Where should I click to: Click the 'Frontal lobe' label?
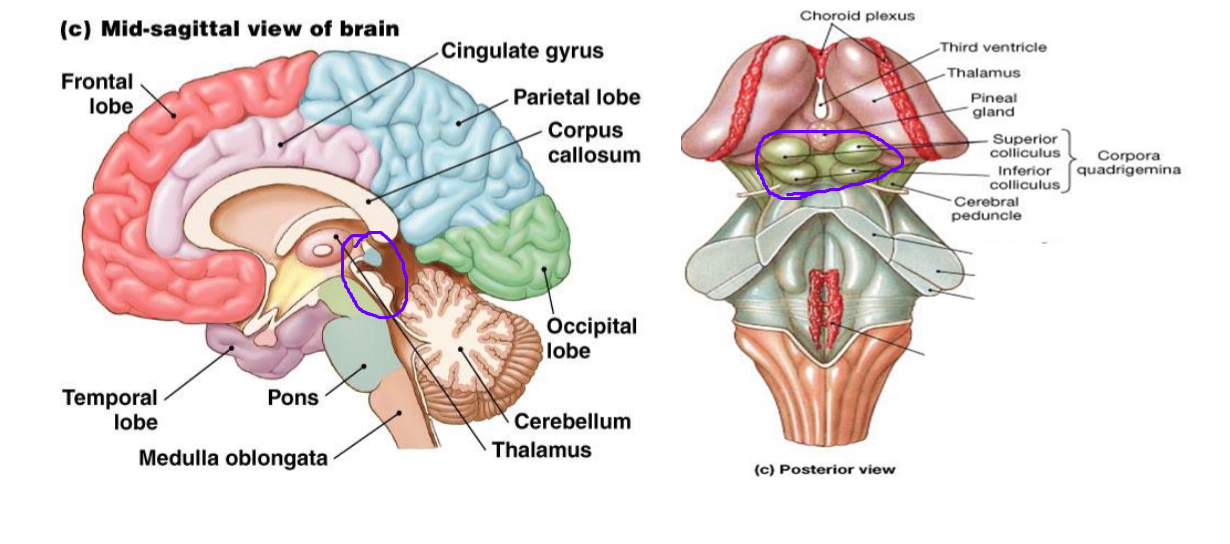[x=96, y=93]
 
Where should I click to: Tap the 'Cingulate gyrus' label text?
[x=522, y=51]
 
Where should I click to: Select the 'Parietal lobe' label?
[x=576, y=98]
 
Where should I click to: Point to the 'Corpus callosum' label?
[x=585, y=143]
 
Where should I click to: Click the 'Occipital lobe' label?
[x=591, y=338]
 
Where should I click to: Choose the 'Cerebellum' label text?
[x=572, y=421]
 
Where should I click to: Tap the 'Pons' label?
[x=293, y=398]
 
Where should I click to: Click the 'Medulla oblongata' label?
[x=233, y=459]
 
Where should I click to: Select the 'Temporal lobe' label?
[x=110, y=410]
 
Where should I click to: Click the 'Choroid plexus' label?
[x=857, y=16]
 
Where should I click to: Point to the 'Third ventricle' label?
[x=993, y=47]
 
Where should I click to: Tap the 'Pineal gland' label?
[x=993, y=105]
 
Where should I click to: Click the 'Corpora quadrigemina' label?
[x=1128, y=162]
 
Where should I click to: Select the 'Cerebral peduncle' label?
[x=986, y=208]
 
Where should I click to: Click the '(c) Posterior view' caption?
[x=824, y=469]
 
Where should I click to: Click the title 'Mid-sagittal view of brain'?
[x=249, y=28]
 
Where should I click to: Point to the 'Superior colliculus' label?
[x=1025, y=146]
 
